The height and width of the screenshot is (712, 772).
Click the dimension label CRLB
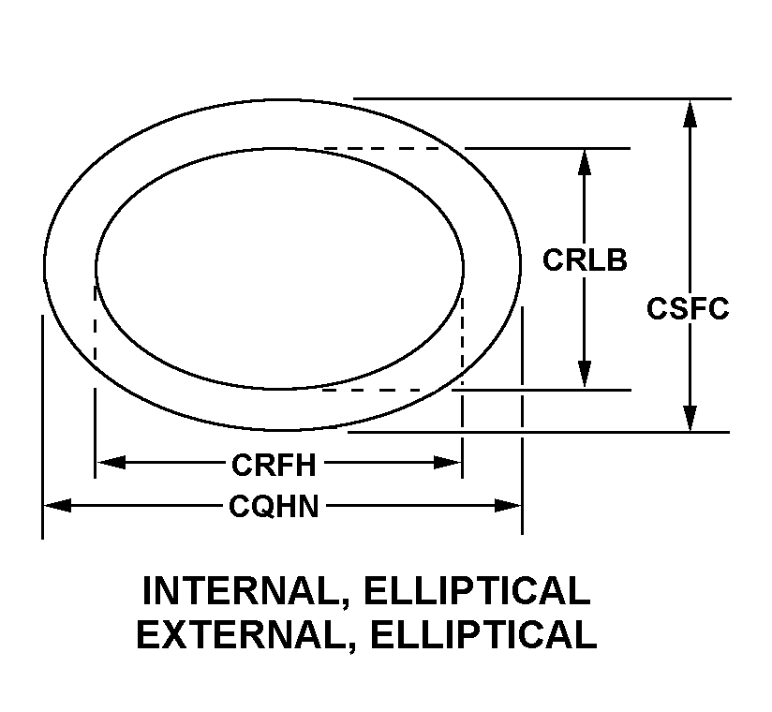point(585,260)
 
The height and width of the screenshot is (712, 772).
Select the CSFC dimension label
point(688,308)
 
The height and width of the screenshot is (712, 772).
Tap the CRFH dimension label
point(274,463)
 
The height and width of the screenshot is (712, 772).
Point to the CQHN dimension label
point(275,507)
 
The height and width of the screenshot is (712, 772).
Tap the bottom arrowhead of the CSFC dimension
point(690,419)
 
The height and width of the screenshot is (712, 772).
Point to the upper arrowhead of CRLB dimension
point(585,160)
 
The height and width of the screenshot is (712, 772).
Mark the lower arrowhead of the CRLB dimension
point(585,376)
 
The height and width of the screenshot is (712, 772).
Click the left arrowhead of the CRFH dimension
point(111,462)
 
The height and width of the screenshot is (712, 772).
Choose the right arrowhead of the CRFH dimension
point(447,462)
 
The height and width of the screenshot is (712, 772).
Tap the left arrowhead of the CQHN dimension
point(57,506)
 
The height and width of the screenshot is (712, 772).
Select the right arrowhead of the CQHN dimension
point(508,506)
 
